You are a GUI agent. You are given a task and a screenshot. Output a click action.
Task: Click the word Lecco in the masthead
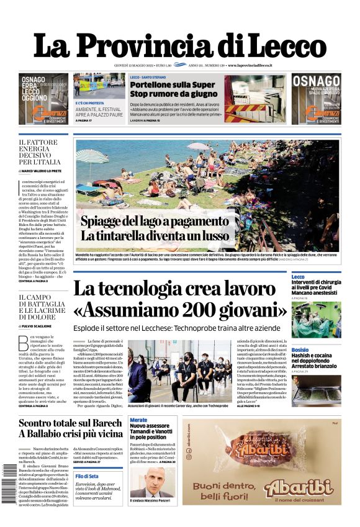(273, 47)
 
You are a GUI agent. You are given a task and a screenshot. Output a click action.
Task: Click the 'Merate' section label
(138, 420)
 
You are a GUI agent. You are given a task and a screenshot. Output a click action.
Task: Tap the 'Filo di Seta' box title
(86, 476)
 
